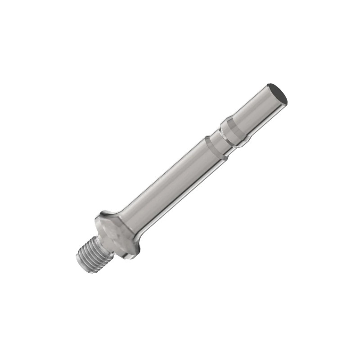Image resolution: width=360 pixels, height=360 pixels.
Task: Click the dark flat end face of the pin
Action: (x=277, y=93)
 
